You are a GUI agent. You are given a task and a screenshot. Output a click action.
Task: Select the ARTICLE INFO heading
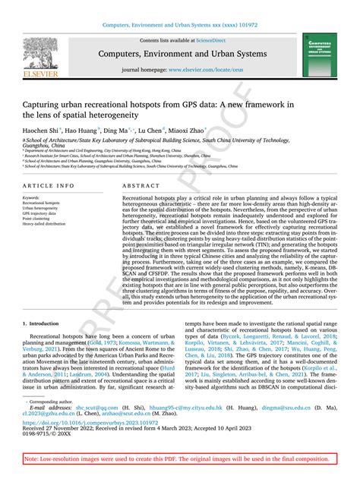[x=49, y=185]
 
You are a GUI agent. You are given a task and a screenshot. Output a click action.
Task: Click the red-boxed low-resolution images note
[x=180, y=460]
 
